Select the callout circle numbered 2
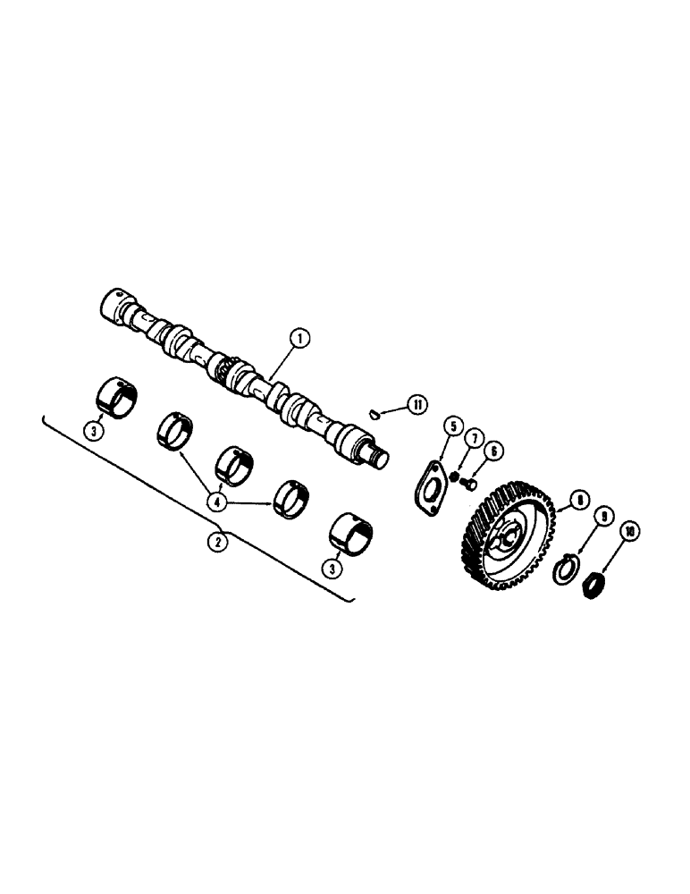tap(215, 540)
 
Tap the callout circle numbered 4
tap(215, 502)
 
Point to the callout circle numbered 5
tap(451, 427)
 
